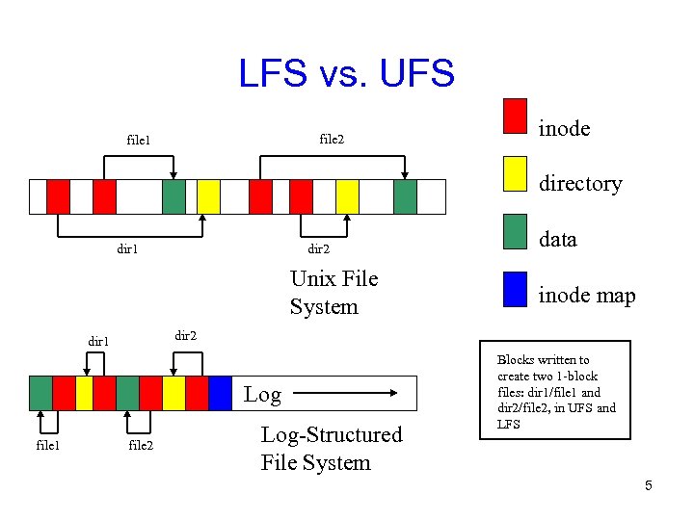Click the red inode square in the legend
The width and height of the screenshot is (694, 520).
[516, 116]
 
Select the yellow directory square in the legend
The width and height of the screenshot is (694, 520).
[516, 173]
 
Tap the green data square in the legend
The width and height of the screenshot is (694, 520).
[516, 231]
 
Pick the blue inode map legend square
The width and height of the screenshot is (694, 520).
[516, 289]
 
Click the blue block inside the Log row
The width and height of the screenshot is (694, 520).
[221, 393]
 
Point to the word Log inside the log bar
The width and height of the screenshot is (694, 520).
[262, 394]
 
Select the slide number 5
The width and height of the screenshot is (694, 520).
[649, 485]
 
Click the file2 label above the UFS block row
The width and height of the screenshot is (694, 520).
[332, 140]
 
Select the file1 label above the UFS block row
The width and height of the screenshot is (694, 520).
[139, 141]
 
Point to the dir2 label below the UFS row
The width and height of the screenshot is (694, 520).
[319, 248]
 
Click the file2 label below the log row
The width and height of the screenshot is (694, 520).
[141, 445]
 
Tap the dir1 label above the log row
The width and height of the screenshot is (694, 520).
[99, 341]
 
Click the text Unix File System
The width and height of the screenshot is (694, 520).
[334, 293]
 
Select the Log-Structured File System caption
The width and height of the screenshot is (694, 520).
[331, 449]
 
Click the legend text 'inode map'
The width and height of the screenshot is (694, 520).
[587, 296]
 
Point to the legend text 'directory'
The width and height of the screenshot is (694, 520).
[580, 184]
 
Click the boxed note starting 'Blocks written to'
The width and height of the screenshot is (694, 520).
[555, 391]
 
